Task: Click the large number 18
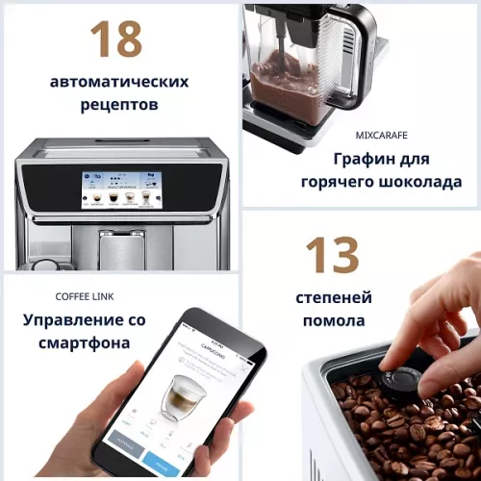(116, 38)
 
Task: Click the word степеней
(334, 297)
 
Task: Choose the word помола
(333, 320)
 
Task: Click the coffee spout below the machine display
(121, 252)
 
